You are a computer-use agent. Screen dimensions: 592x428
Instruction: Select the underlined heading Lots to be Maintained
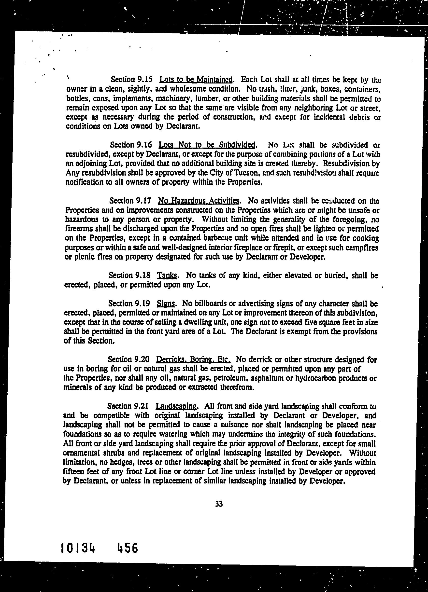(x=196, y=79)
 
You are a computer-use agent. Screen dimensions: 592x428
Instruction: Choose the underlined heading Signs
(x=166, y=303)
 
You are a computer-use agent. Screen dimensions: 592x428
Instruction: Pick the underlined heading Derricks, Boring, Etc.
(x=193, y=360)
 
